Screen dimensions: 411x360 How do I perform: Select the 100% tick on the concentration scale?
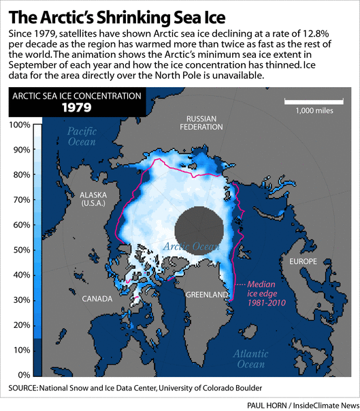click(x=19, y=125)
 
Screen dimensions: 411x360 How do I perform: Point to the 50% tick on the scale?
click(x=19, y=250)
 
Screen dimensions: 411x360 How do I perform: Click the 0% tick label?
click(x=22, y=375)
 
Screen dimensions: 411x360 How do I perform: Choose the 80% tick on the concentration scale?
click(x=19, y=175)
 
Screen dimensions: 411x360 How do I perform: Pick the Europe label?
click(x=303, y=261)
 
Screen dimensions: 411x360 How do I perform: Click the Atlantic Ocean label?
click(x=248, y=359)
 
